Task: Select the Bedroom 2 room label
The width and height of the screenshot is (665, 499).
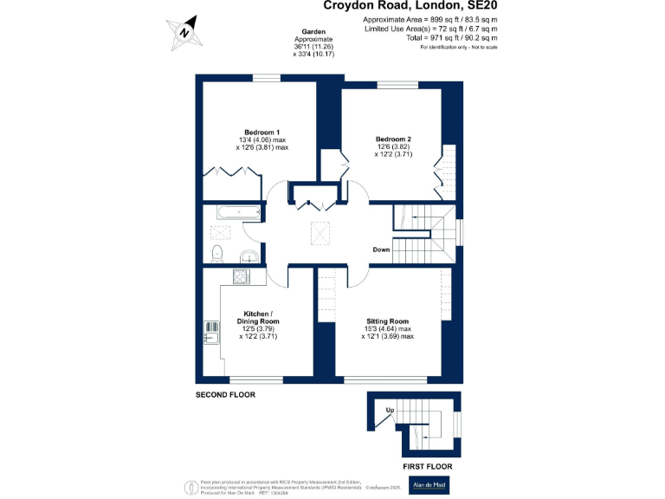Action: tap(392, 139)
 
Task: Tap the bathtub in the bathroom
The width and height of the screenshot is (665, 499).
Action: tap(234, 211)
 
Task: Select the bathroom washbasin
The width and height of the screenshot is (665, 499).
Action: tap(247, 256)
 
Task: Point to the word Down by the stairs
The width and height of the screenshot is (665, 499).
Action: tap(381, 249)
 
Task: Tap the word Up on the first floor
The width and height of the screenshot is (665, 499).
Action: tap(390, 410)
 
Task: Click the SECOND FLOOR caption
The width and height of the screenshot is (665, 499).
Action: tap(226, 394)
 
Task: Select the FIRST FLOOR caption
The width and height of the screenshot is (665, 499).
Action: tap(427, 466)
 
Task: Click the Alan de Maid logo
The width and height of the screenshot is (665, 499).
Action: tap(429, 486)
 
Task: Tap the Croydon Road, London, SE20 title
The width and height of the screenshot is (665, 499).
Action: tap(410, 6)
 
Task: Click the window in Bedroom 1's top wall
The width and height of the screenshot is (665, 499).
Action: tap(268, 79)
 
